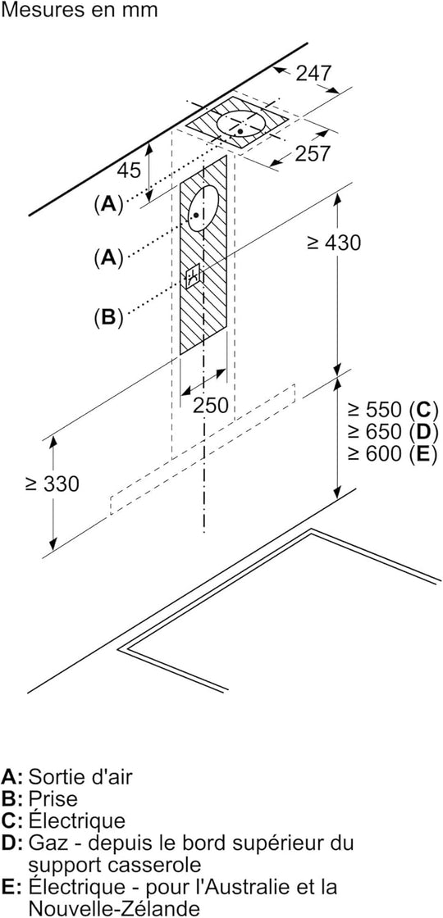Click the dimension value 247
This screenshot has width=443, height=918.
[313, 73]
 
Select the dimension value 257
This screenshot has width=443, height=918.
[313, 153]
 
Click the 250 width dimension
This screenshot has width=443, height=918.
[210, 405]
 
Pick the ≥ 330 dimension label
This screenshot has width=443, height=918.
[52, 484]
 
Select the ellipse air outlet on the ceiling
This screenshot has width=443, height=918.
[241, 124]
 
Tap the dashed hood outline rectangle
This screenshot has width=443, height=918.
[202, 450]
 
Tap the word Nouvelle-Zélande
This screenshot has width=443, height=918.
[114, 908]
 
